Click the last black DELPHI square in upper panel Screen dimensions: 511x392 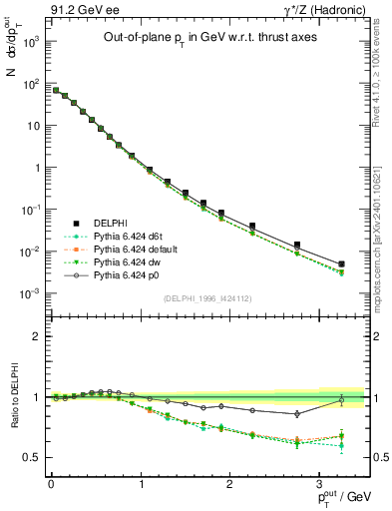point(342,264)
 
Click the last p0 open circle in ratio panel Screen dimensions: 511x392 point(342,400)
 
